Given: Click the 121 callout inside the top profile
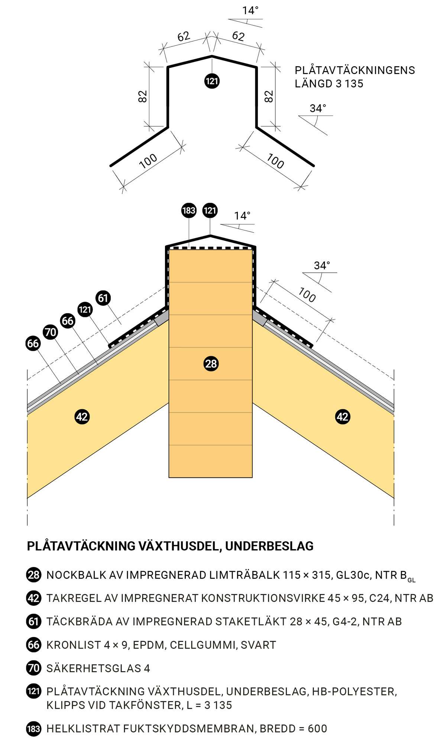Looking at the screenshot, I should tap(212, 81).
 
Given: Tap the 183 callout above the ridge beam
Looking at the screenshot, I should tap(189, 211).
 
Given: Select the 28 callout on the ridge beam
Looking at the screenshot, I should tap(211, 363).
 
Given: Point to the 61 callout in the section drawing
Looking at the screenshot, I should tap(103, 298).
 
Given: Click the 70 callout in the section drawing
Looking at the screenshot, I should tap(50, 332).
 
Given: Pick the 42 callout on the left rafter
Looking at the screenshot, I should tap(82, 416).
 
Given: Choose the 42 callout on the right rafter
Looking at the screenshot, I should tap(342, 416).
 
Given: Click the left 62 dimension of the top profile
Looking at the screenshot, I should tap(184, 36).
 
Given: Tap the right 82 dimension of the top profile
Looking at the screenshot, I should tap(269, 96).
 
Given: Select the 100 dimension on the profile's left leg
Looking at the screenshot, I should tap(148, 161).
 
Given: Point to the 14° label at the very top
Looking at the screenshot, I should tap(250, 10).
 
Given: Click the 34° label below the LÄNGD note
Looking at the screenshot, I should tap(318, 108).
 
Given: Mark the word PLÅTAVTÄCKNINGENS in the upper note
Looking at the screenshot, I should tap(355, 70).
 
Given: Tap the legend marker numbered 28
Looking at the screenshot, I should tap(33, 575).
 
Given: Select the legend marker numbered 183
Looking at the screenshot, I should tap(33, 728).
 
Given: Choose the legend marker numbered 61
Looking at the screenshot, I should tap(33, 621).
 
